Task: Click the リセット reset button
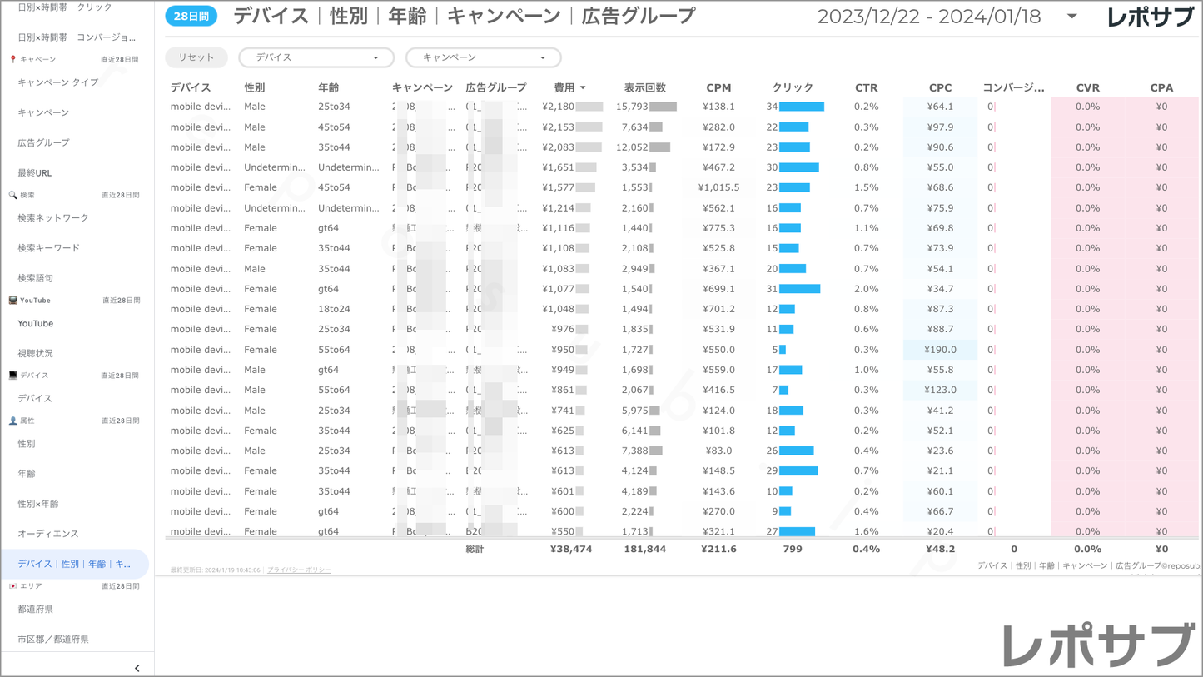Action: [x=196, y=57]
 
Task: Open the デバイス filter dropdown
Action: [x=316, y=57]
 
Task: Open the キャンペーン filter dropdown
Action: [x=483, y=57]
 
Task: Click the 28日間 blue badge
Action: [x=191, y=16]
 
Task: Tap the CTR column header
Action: [x=866, y=87]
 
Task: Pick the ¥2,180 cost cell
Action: [x=558, y=107]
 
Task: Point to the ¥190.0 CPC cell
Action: [x=940, y=350]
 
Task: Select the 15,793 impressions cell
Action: [x=632, y=107]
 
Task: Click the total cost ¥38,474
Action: [x=571, y=549]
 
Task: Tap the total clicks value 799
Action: [x=793, y=549]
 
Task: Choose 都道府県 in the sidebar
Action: [x=36, y=609]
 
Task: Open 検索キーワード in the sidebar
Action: [x=49, y=248]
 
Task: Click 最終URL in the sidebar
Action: [x=35, y=172]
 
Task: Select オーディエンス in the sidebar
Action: [x=48, y=534]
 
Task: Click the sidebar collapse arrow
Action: [x=137, y=668]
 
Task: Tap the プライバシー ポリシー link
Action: [x=299, y=570]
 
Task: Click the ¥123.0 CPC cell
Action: [x=940, y=390]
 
